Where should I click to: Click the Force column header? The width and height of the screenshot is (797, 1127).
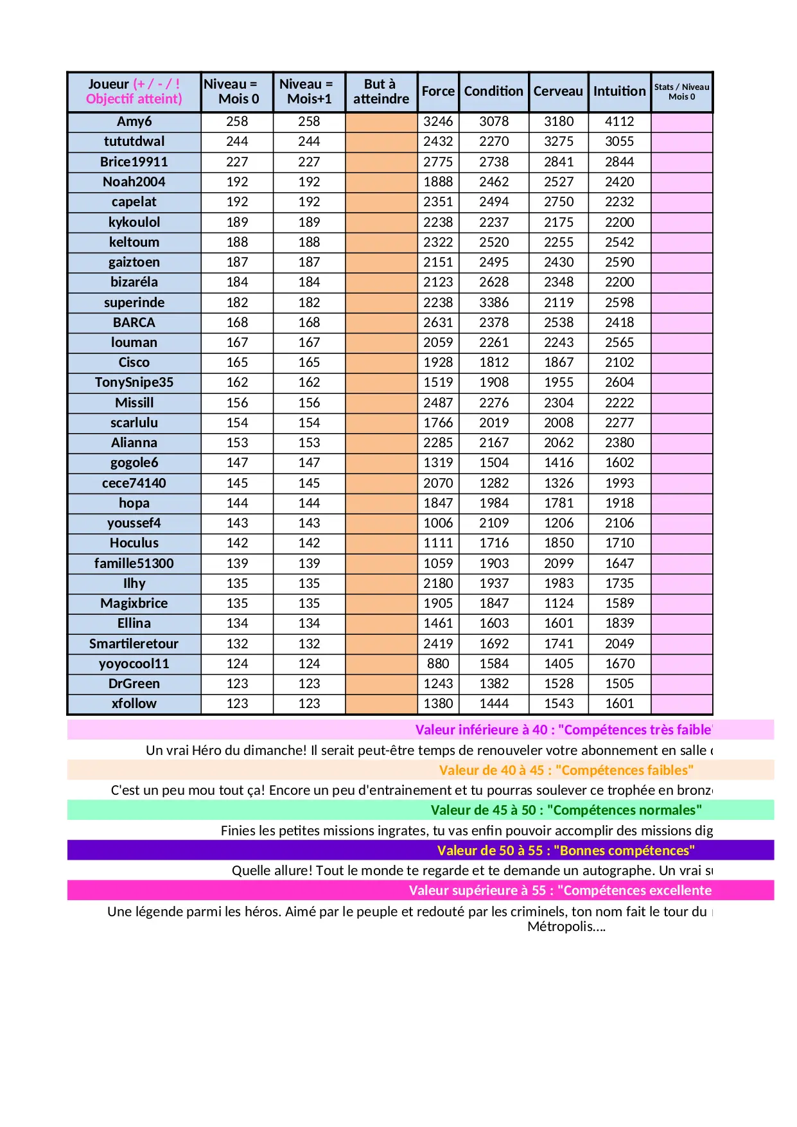438,91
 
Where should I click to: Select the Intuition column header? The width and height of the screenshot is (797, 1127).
619,91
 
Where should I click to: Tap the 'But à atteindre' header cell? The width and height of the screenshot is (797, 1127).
381,91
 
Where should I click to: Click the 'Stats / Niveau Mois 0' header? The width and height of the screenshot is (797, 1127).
681,92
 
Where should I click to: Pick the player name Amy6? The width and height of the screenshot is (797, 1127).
134,121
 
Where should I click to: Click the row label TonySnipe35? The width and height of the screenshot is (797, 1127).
134,382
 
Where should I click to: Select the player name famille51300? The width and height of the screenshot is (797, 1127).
134,563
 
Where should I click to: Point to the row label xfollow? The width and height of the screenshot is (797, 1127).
134,704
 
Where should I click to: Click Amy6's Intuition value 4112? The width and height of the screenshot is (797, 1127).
619,121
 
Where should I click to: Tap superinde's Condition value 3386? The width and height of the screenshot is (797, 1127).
494,303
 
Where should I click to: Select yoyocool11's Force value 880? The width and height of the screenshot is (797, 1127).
438,664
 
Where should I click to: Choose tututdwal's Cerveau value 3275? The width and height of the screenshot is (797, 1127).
559,141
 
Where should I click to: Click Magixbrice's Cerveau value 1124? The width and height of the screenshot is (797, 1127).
559,603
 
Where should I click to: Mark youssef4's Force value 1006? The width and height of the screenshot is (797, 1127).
438,523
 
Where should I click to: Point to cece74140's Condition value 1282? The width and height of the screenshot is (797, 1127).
494,483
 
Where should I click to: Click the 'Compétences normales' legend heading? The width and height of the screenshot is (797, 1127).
566,810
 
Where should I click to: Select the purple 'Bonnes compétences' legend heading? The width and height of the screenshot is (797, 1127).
566,851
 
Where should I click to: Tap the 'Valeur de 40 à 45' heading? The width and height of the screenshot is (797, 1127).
566,770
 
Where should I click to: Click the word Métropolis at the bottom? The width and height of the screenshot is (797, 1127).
565,927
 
